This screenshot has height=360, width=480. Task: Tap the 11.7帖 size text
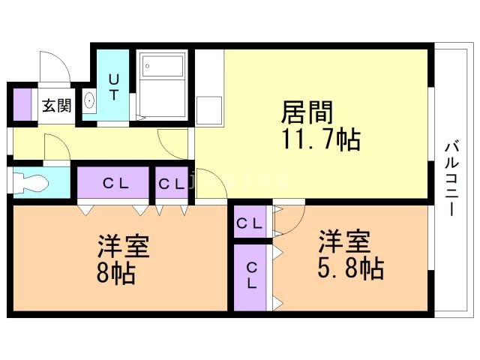[x=320, y=139]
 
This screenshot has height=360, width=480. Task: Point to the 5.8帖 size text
[x=350, y=267]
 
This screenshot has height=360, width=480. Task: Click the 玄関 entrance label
[x=56, y=106]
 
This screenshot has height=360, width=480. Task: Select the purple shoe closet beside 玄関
[x=22, y=104]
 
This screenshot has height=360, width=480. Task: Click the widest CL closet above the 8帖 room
[x=114, y=182]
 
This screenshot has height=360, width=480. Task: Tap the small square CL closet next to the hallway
[x=171, y=182]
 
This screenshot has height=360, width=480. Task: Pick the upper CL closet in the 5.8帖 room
[x=250, y=223]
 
